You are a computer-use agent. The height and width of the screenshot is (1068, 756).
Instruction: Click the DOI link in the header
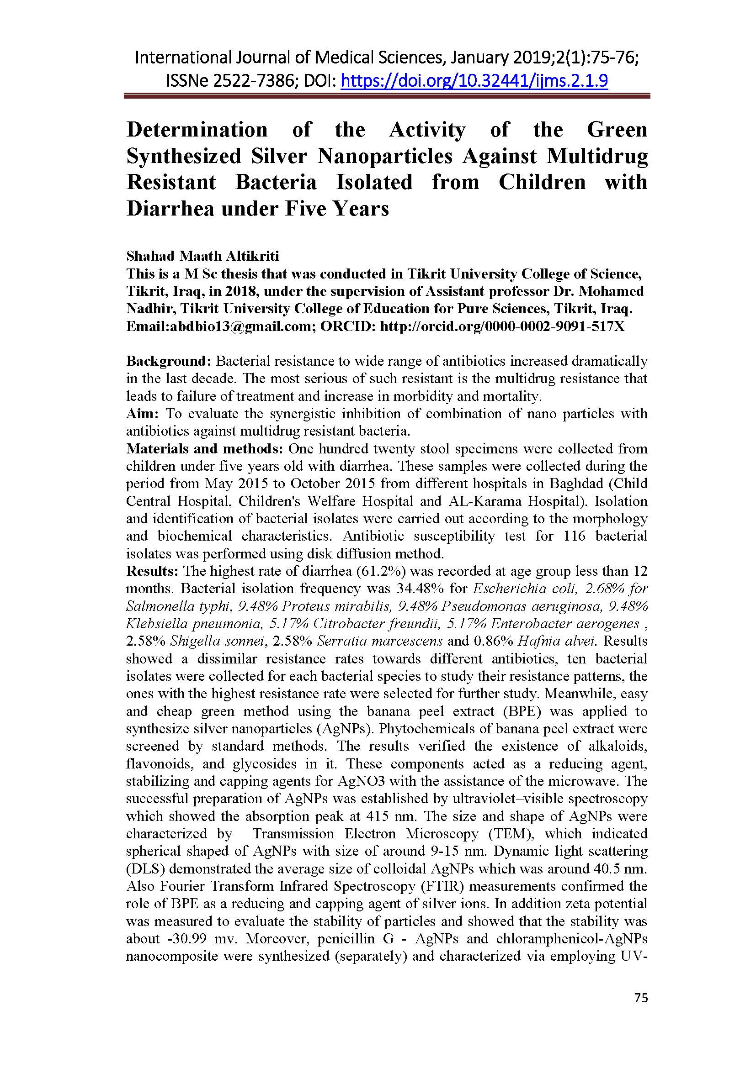474,81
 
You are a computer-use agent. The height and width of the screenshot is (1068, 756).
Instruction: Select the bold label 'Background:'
169,361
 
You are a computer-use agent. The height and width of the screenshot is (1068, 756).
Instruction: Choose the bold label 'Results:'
153,571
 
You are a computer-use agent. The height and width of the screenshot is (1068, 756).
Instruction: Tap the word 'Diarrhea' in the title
169,208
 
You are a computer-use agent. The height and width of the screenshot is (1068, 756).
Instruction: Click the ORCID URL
502,326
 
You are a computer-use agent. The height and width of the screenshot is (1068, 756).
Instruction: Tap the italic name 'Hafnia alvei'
557,641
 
